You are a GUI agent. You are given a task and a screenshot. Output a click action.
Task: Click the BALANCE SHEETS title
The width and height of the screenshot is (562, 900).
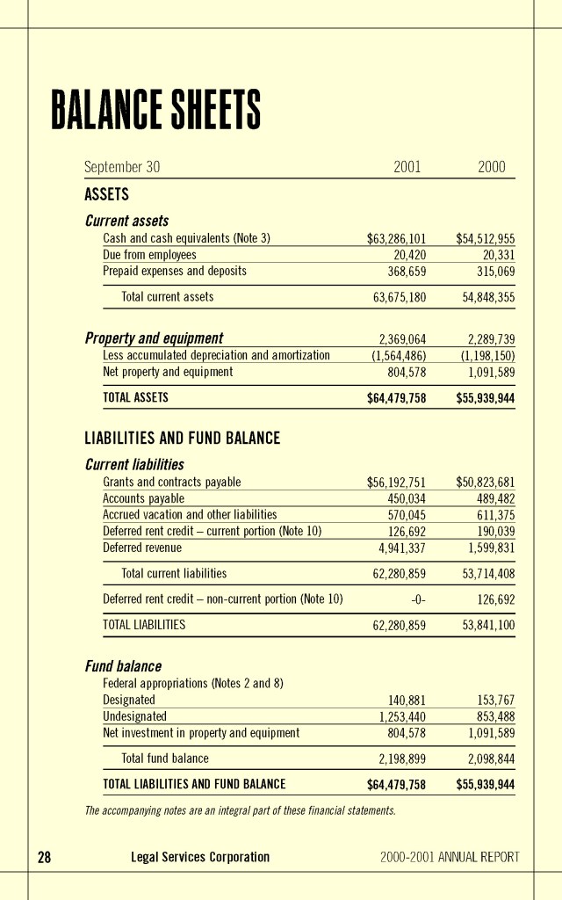155,111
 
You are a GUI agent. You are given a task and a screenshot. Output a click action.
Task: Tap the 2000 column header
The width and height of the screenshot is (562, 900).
491,167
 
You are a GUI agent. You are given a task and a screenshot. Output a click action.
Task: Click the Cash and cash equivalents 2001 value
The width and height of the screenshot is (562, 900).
396,238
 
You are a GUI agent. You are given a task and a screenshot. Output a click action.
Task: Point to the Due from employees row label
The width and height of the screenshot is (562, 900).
149,255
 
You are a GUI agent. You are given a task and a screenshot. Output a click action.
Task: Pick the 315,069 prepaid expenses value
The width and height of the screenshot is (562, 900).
492,272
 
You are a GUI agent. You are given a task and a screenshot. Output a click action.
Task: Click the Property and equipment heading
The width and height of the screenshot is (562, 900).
154,338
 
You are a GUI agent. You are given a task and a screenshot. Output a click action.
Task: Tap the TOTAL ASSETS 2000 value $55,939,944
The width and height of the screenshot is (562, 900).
485,398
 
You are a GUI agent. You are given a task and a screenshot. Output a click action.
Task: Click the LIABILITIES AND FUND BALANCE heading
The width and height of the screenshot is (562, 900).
182,438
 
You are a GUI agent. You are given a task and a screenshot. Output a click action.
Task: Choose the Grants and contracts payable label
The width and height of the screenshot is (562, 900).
171,482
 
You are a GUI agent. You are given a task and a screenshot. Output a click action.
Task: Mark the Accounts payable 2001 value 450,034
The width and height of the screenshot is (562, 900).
407,498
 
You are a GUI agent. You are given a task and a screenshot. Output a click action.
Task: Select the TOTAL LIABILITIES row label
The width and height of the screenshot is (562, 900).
144,625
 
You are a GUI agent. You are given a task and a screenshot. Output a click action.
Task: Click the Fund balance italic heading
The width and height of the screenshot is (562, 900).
123,666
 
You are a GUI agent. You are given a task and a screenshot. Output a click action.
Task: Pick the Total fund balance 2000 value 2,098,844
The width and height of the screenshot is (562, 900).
490,758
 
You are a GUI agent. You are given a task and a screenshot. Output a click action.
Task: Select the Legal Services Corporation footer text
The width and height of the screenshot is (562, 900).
199,857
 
